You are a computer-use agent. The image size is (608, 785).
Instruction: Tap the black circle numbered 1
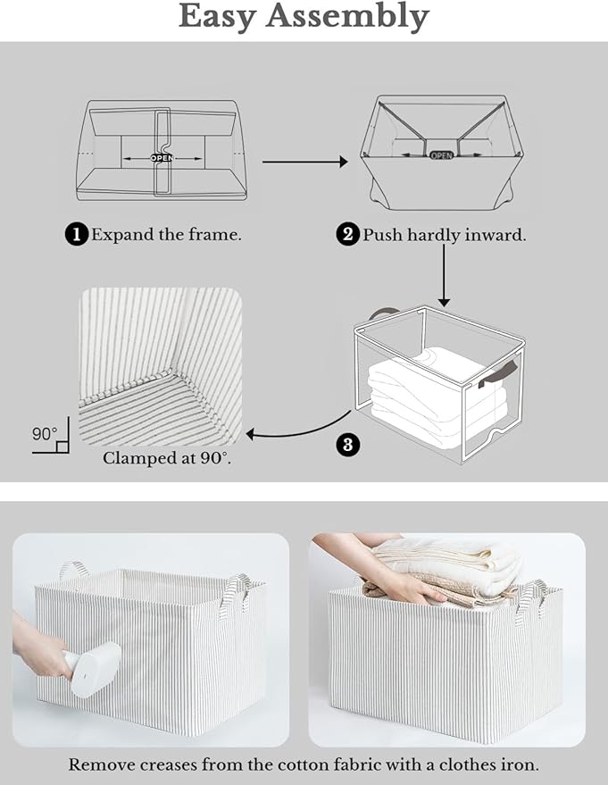tap(77, 235)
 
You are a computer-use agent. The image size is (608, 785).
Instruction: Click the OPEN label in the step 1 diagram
tap(162, 158)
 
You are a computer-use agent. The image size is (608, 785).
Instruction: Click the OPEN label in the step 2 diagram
tap(442, 154)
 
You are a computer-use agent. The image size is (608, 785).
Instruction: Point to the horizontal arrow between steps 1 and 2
tap(304, 162)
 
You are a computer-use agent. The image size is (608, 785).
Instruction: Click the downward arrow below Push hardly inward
tap(444, 276)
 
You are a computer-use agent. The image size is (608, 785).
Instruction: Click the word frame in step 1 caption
tap(216, 235)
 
